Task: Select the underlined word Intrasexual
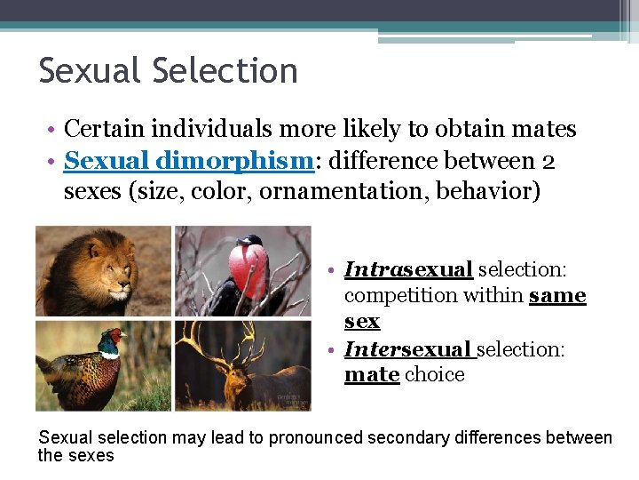(408, 268)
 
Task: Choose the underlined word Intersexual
(409, 348)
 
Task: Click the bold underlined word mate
(371, 374)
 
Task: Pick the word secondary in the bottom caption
(417, 437)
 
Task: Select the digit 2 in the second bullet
(548, 162)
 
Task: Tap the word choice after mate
(435, 374)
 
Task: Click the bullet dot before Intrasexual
(329, 269)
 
